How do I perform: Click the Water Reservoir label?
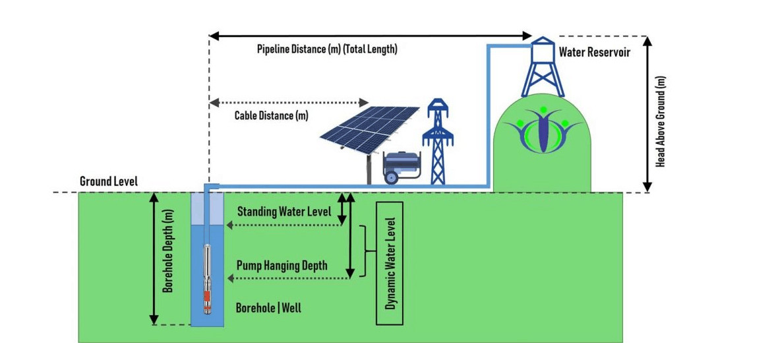point(595,53)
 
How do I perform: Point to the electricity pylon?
point(438,142)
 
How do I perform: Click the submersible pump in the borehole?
point(207,279)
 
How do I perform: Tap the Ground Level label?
point(109,182)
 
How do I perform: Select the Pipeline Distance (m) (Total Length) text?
point(327,49)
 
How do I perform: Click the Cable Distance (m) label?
point(271,116)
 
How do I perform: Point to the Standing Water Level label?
point(284,212)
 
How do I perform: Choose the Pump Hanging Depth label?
point(282,266)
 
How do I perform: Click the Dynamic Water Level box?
point(390,263)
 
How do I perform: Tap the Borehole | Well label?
point(268,307)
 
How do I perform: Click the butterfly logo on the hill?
point(543,129)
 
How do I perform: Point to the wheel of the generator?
point(392,177)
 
